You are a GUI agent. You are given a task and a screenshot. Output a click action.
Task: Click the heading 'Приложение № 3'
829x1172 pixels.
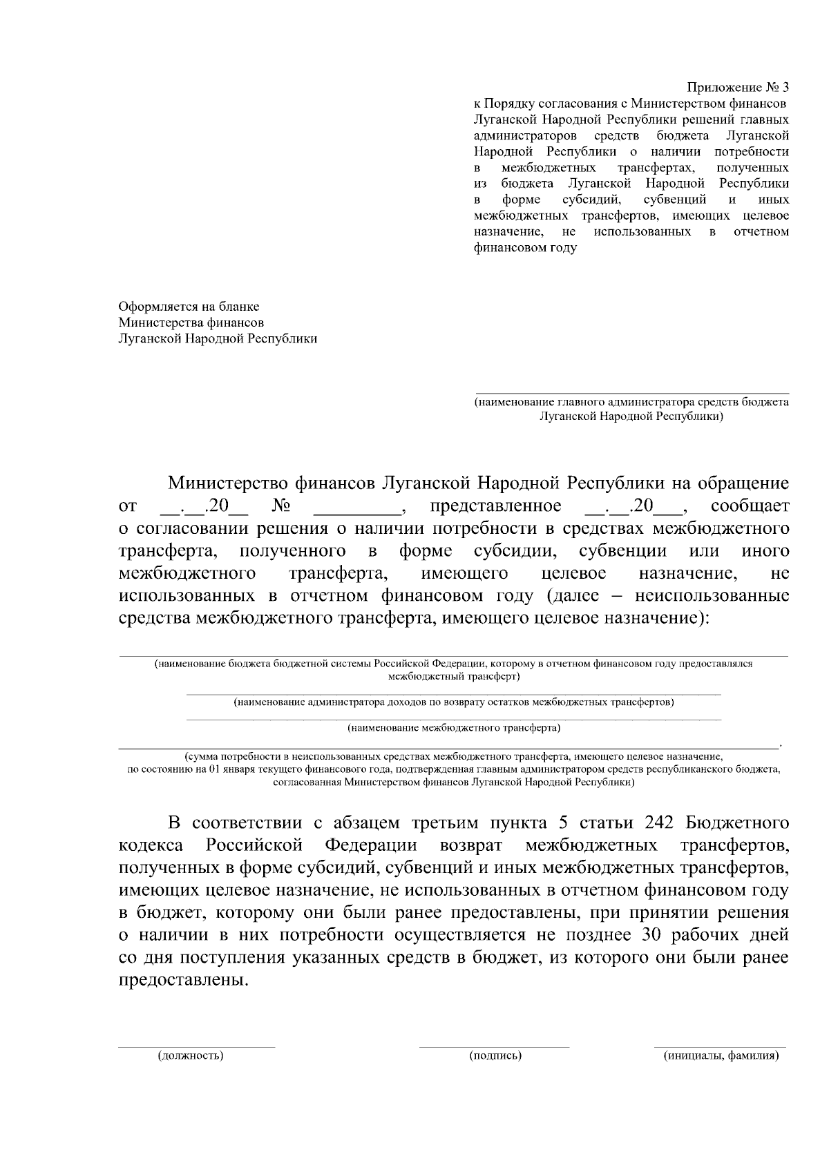[737, 88]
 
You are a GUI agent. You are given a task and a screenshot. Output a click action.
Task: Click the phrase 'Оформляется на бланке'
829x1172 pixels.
[189, 306]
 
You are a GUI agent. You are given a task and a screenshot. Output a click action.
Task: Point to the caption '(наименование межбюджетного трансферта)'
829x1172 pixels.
[453, 727]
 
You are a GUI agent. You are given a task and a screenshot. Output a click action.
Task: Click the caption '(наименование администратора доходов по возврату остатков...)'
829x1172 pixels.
[454, 702]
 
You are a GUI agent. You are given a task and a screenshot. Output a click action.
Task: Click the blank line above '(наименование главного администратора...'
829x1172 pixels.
[631, 392]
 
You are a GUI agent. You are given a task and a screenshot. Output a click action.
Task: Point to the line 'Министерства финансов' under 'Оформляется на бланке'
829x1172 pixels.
[191, 323]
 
